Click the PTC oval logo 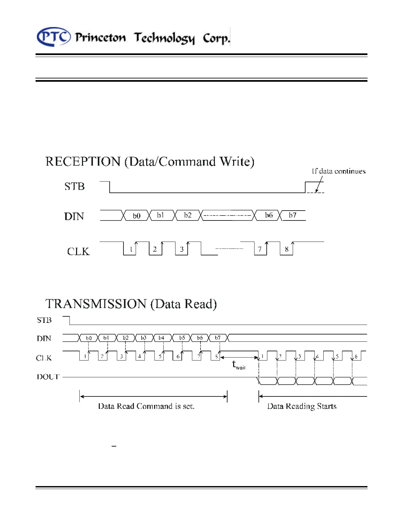[54, 37]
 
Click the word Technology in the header [164, 38]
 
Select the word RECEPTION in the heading [83, 161]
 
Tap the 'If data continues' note [338, 171]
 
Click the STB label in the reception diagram [74, 187]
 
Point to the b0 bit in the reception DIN [137, 216]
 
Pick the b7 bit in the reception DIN [292, 215]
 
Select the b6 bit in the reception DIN [269, 215]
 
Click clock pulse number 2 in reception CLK [155, 249]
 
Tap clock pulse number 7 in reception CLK [260, 249]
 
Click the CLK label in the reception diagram [78, 251]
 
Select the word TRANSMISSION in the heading [95, 304]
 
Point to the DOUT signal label [48, 377]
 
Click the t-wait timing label [239, 365]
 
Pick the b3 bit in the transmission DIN [144, 338]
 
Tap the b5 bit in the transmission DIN [182, 338]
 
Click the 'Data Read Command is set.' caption [146, 406]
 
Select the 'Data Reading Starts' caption [302, 406]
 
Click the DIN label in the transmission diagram [44, 338]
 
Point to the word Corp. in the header [216, 38]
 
